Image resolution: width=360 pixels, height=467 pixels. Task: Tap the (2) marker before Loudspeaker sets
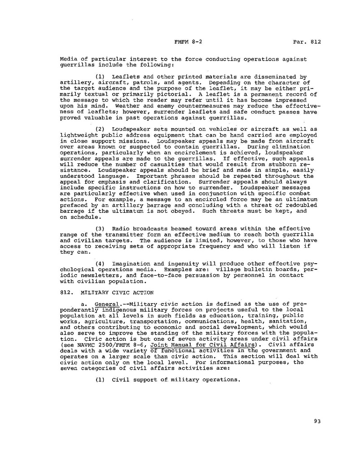(x=100, y=129)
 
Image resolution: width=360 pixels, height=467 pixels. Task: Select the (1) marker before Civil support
(x=100, y=379)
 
